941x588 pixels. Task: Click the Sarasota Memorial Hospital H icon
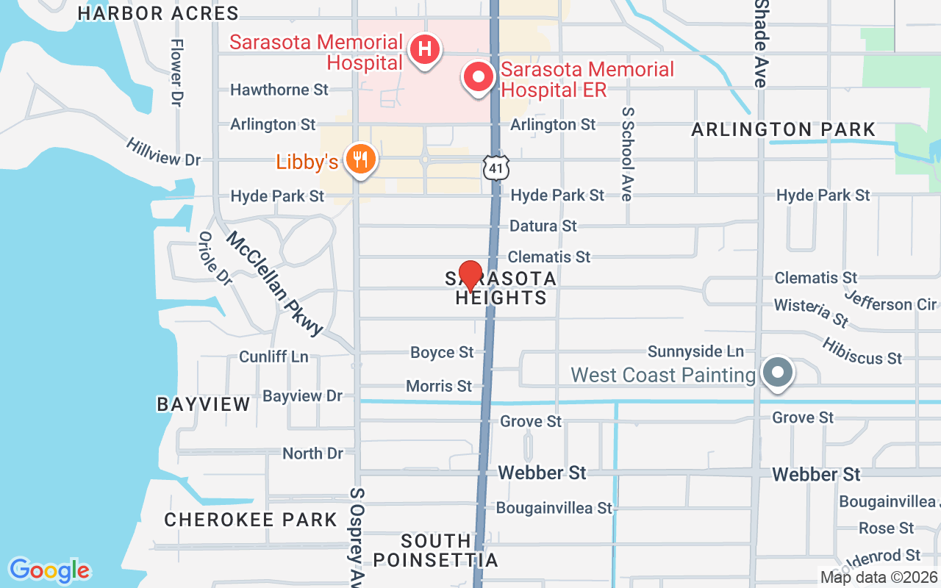point(424,50)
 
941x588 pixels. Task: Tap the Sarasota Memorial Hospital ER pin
point(479,77)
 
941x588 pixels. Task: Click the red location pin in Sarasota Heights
point(470,276)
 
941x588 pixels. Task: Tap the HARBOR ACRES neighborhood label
point(158,13)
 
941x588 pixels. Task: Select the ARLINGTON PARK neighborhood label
point(784,130)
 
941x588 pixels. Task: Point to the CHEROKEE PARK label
point(251,520)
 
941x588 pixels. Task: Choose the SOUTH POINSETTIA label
point(435,551)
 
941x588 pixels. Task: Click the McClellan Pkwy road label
point(275,284)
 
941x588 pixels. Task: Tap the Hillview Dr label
point(162,151)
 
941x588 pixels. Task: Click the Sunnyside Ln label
point(695,352)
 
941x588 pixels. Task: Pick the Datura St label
point(543,226)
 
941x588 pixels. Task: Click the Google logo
point(49,570)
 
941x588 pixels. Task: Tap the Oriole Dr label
point(215,259)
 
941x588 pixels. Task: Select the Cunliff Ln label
point(273,356)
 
